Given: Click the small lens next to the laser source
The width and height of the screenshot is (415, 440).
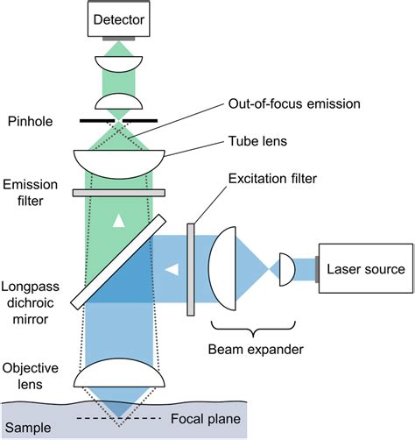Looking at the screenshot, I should pyautogui.click(x=285, y=267).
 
